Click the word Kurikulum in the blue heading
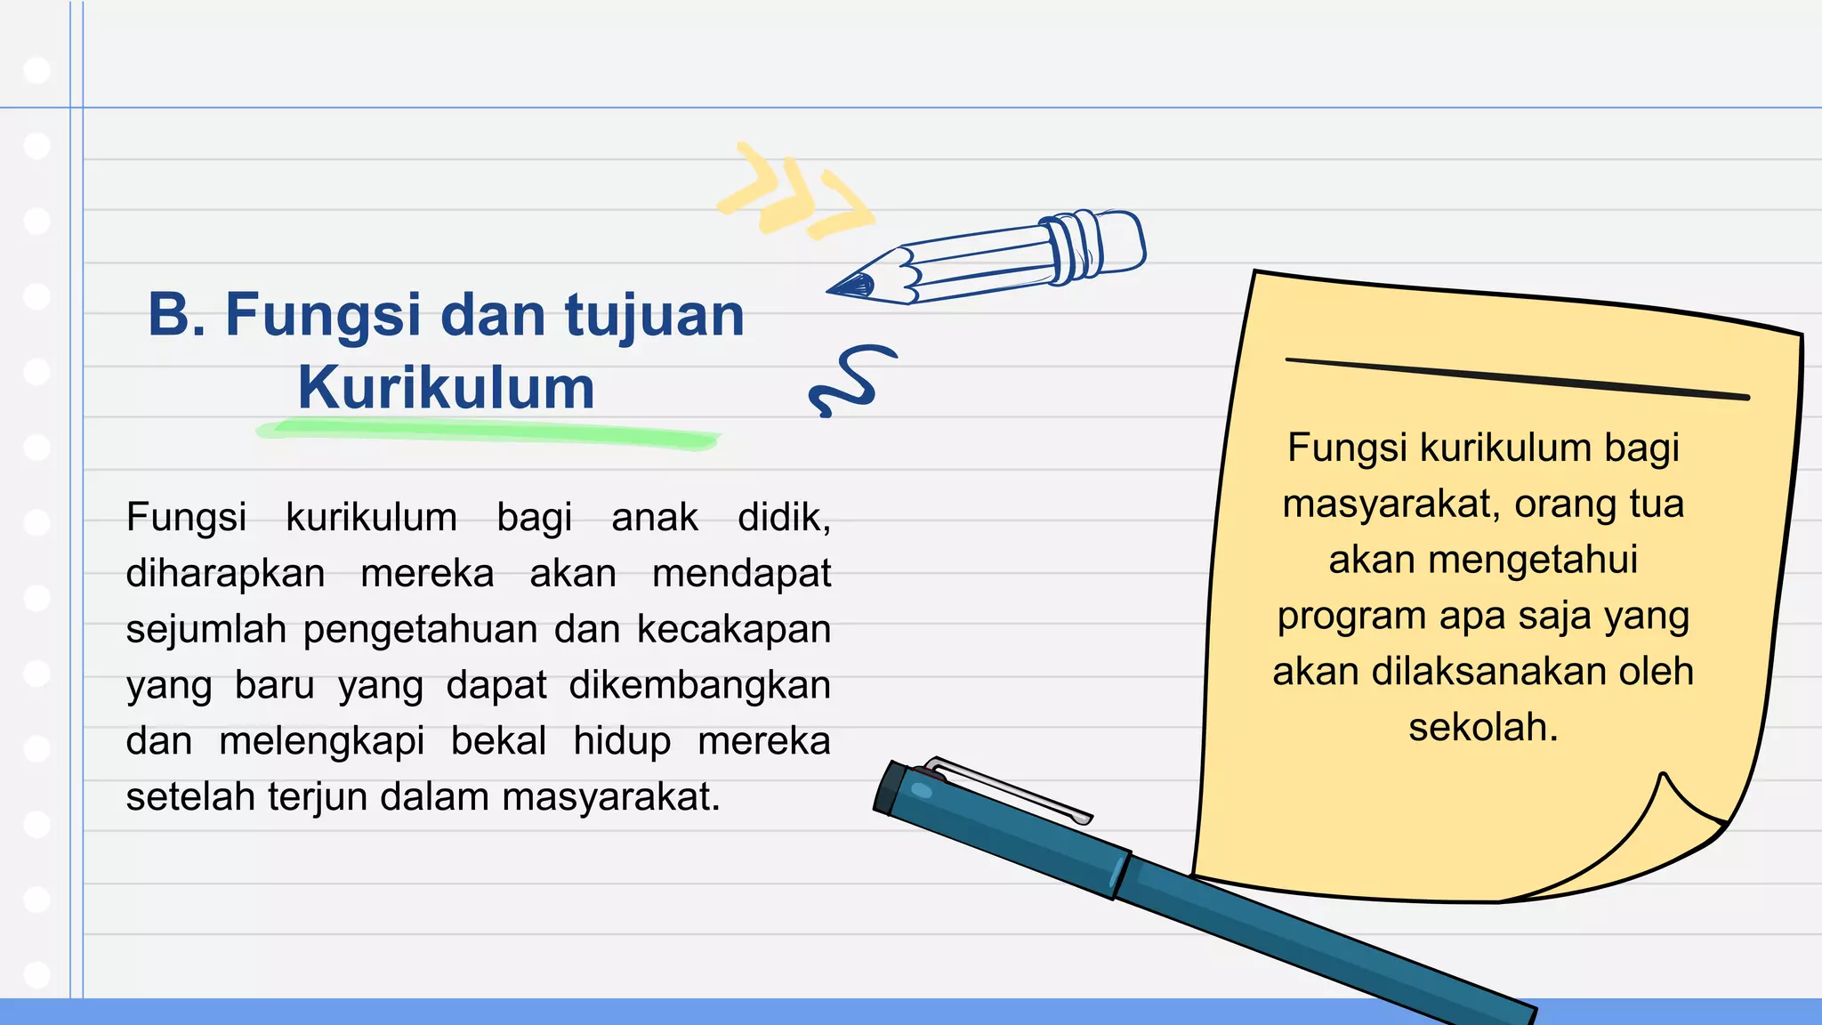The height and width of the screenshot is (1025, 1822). pos(446,388)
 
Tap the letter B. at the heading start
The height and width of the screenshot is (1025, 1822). pos(176,315)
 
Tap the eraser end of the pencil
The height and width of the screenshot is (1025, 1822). pos(1121,240)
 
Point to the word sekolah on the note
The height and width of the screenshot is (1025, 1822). pos(1482,728)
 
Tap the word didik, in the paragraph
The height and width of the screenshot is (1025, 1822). pos(784,518)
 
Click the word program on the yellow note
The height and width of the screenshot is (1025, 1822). pos(1351,617)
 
